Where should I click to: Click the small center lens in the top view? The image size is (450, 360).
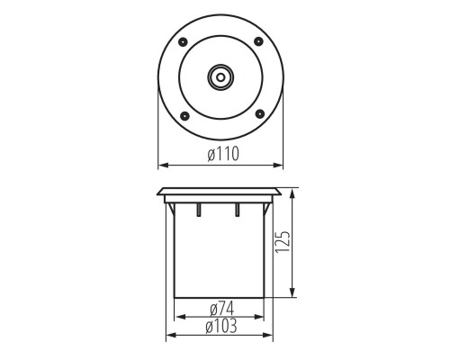point(221,77)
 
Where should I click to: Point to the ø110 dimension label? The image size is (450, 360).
point(222,155)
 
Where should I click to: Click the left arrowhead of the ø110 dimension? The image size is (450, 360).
point(161,165)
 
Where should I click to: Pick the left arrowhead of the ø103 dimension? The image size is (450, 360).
point(168,337)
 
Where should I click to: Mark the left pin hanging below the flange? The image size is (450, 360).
point(196,210)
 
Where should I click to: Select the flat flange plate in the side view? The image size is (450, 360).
point(221,193)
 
